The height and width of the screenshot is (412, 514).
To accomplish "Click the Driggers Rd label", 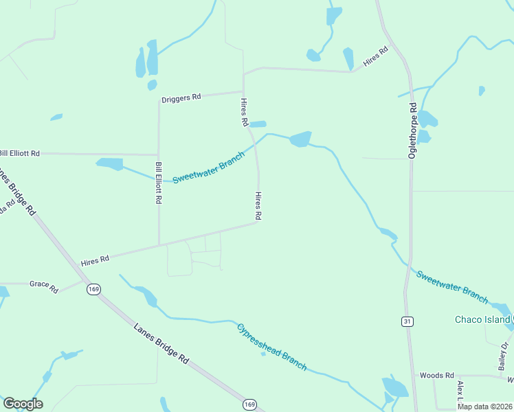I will [181, 98].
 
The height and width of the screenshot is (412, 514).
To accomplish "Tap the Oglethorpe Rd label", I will [413, 131].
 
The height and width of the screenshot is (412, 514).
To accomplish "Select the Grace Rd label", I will [44, 286].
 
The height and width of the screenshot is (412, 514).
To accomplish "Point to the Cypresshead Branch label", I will [272, 347].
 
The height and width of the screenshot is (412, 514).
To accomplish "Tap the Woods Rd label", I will [437, 376].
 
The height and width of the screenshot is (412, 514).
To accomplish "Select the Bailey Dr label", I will [504, 354].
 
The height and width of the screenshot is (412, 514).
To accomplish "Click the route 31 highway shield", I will [407, 321].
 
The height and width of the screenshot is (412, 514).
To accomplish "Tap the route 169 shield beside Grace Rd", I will [93, 290].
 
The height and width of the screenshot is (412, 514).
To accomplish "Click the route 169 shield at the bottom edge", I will [250, 404].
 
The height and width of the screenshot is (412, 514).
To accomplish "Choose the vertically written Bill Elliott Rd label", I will [159, 183].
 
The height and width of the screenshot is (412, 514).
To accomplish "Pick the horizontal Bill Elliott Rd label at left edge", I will [19, 153].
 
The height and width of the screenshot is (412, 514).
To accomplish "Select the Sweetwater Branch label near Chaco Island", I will [452, 286].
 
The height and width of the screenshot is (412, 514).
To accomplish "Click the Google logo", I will [23, 403].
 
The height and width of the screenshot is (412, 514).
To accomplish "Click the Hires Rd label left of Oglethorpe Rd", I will [376, 56].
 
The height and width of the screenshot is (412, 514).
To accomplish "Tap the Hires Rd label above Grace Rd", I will [95, 260].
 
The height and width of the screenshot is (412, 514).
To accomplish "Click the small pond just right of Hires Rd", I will [257, 124].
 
